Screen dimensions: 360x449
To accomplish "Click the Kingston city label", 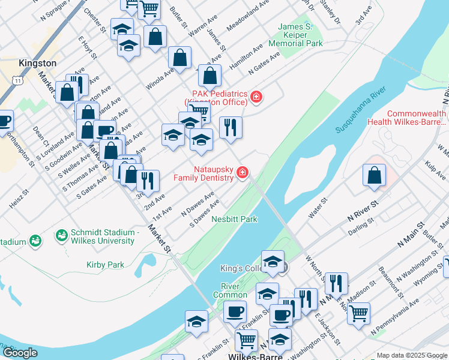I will click(x=37, y=63).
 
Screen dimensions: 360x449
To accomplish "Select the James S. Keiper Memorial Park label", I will click(x=300, y=35).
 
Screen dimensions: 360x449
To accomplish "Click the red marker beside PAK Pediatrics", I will click(x=256, y=97).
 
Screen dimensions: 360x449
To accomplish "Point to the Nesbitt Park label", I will click(x=234, y=219).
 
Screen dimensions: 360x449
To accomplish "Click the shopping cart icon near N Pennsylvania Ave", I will click(x=358, y=312).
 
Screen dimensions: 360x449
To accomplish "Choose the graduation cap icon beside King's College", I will click(x=273, y=261).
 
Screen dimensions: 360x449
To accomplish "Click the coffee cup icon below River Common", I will click(x=235, y=311).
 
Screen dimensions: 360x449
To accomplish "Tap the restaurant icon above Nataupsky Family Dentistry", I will click(x=231, y=127).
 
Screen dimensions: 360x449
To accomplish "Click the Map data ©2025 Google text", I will click(x=411, y=355).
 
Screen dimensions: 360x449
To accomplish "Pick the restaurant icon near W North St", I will click(x=336, y=283).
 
